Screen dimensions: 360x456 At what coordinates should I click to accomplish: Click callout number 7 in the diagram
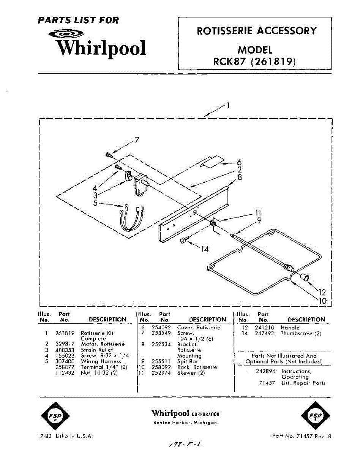pyautogui.click(x=137, y=140)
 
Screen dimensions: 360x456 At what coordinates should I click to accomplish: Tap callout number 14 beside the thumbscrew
pyautogui.click(x=205, y=249)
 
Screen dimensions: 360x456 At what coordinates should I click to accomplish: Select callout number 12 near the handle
pyautogui.click(x=322, y=292)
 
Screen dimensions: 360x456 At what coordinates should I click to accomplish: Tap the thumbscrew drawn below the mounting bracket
pyautogui.click(x=183, y=240)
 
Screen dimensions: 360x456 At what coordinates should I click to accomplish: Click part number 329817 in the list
pyautogui.click(x=65, y=344)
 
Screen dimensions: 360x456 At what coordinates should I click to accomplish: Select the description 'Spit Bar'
pyautogui.click(x=188, y=361)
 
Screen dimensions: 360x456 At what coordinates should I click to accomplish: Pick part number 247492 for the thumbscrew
pyautogui.click(x=264, y=333)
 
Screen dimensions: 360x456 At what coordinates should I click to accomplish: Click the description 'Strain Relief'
pyautogui.click(x=97, y=350)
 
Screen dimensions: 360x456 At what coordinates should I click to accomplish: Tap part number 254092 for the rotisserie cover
pyautogui.click(x=161, y=328)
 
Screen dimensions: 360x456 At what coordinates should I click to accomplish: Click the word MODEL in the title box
pyautogui.click(x=255, y=50)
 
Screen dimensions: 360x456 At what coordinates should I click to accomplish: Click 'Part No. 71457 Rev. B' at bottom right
pyautogui.click(x=302, y=436)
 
